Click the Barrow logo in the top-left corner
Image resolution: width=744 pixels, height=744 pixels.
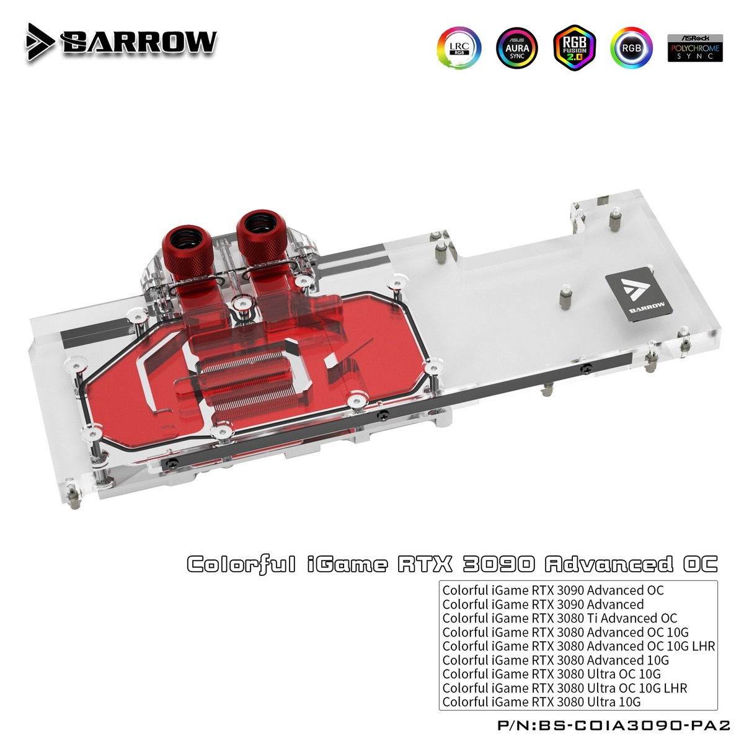coord(122,40)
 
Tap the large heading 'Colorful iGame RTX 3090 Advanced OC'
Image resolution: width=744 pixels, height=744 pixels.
coord(452,564)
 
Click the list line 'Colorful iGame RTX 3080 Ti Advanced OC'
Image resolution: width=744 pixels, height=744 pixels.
coord(559,618)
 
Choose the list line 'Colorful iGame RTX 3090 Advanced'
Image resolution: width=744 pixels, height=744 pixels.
coord(542,604)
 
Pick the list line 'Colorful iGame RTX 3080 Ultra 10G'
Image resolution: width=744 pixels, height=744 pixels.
coord(541,702)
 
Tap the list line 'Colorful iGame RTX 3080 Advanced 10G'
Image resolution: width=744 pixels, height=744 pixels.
coord(556,660)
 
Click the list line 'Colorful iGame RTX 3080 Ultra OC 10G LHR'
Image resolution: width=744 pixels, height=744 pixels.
coord(564,688)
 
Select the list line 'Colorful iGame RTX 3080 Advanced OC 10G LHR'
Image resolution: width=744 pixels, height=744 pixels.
coord(578,646)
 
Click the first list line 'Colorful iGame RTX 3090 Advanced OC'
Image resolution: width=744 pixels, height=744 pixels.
coord(552,590)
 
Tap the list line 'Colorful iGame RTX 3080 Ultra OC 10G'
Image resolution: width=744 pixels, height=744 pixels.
coord(551,674)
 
